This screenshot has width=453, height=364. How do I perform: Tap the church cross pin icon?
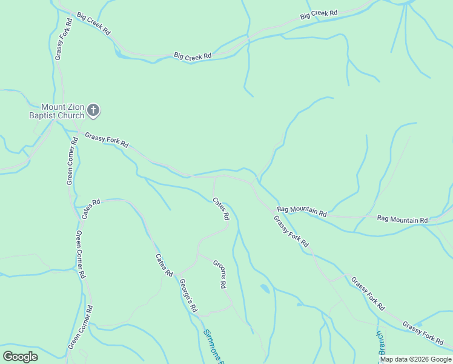93,110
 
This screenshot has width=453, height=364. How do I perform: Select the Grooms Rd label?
220,274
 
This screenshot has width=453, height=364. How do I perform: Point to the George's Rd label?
188,295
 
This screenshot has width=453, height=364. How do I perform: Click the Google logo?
20,357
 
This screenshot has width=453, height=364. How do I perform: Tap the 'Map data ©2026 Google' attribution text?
415,359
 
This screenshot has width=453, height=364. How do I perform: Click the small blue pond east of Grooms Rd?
265,288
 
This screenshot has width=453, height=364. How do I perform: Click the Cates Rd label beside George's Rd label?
164,265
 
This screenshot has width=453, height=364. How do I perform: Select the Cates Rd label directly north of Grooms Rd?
221,209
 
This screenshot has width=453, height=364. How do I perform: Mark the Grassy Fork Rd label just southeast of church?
107,140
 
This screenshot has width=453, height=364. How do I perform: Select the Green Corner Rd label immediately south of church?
71,161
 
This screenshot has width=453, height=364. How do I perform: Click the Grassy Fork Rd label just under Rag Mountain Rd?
291,232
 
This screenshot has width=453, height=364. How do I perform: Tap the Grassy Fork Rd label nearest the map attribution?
423,334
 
